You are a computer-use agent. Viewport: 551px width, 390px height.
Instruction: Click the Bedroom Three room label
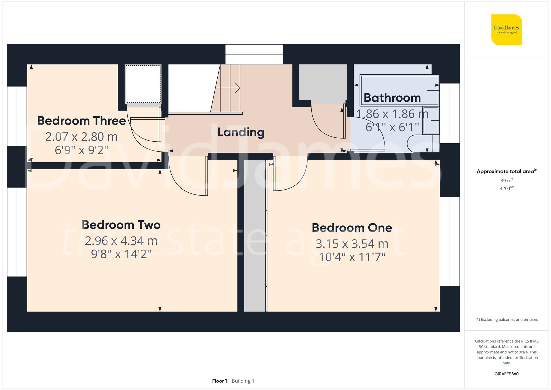coord(82,121)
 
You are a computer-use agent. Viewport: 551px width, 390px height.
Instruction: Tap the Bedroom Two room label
coord(121,225)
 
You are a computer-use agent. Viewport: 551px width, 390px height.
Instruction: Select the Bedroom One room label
coord(352,228)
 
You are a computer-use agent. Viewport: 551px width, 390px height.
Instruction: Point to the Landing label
coord(241,132)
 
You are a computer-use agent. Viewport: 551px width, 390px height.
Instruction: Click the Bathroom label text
coord(392,98)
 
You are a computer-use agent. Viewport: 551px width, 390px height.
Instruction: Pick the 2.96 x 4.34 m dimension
coord(121,241)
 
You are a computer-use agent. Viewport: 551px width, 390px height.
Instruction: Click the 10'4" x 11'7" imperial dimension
coord(352,257)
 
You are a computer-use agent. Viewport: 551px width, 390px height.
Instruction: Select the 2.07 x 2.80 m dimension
coord(82,137)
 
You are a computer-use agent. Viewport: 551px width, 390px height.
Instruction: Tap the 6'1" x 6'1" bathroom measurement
coord(392,127)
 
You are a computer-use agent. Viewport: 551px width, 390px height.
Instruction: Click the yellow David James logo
coord(506,30)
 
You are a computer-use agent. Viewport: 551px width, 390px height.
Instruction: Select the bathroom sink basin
coord(431,120)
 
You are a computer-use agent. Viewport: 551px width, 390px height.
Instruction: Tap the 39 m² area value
coord(506,181)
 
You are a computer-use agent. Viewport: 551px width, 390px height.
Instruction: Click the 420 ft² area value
coord(506,189)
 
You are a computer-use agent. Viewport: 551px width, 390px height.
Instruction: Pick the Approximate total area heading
coord(506,171)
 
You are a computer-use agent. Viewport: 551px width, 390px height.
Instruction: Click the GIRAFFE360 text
coord(506,374)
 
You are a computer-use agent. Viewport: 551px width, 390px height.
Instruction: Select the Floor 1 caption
coord(220,381)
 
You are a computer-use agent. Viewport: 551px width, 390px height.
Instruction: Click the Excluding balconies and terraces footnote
coord(506,319)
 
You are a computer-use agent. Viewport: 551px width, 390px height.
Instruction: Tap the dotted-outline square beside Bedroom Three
coord(143,84)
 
